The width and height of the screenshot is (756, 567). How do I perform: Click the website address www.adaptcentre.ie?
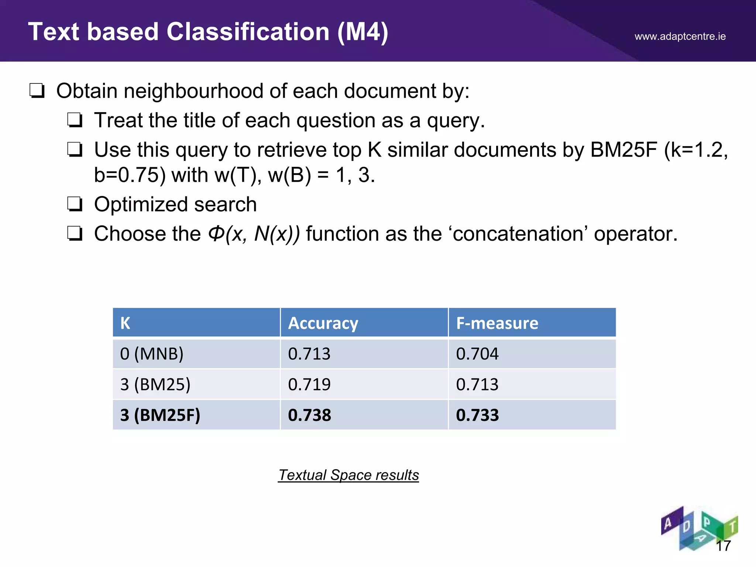point(680,37)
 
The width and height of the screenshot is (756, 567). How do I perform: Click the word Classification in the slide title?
point(248,32)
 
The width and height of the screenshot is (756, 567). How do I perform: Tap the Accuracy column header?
point(323,323)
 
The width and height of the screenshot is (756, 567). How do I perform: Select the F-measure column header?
point(497,323)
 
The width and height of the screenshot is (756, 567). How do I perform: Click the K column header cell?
point(126,323)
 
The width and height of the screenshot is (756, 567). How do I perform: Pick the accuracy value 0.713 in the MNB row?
point(309,354)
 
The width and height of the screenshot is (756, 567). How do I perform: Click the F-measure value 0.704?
point(477,354)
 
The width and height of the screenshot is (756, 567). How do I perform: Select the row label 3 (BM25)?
point(155,384)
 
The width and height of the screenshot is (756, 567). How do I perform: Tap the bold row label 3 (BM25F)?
point(160,415)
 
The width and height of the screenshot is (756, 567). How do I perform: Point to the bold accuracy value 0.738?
point(309,415)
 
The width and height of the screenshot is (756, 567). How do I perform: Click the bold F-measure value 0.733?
point(477,415)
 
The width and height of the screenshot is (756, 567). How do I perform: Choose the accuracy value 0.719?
point(309,384)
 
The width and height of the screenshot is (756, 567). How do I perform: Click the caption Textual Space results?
point(348,475)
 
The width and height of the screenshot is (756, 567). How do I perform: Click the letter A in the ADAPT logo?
point(668,523)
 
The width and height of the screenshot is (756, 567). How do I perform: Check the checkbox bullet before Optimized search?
point(75,204)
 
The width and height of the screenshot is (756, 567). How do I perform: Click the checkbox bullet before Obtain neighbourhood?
point(37,91)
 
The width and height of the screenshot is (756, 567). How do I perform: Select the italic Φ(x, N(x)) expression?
point(254,234)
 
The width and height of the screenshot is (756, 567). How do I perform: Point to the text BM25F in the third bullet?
point(623,150)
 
